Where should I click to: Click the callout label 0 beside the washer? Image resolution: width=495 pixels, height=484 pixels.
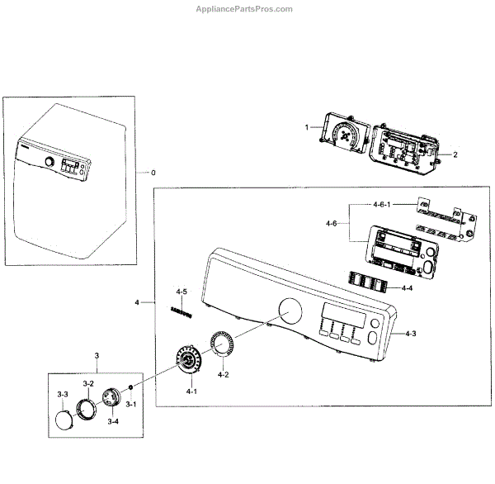click(x=152, y=172)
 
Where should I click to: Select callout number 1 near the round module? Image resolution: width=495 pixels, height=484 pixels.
click(x=306, y=127)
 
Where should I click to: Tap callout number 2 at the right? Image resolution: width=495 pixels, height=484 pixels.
click(x=455, y=154)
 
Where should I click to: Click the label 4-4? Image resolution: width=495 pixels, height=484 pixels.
click(x=407, y=288)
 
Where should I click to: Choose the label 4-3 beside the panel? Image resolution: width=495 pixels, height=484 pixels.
click(x=410, y=334)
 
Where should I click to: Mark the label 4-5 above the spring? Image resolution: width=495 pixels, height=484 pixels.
click(x=181, y=292)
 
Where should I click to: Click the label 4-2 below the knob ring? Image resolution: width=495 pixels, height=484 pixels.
click(x=223, y=375)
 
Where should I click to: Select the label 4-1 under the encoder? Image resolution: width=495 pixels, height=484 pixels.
click(x=191, y=390)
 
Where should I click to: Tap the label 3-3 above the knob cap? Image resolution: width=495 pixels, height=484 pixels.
click(x=63, y=396)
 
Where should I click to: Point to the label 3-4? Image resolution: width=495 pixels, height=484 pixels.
click(x=112, y=421)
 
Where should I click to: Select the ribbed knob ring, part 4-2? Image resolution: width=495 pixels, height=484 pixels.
click(x=220, y=344)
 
